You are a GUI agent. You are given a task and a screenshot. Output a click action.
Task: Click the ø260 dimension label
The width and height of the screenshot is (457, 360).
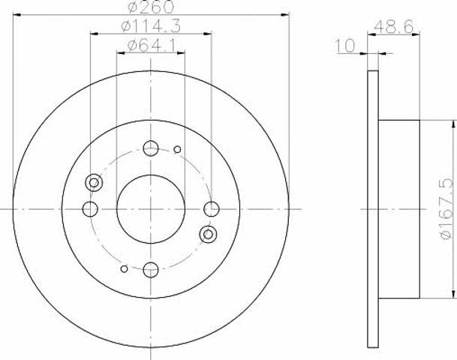[x=151, y=7]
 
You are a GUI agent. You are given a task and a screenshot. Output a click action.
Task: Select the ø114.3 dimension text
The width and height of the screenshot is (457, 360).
[x=151, y=26]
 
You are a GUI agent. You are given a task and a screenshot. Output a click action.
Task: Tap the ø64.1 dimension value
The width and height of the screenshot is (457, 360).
[x=152, y=46]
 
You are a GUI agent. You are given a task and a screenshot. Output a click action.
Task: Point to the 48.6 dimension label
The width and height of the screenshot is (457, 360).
[x=393, y=27]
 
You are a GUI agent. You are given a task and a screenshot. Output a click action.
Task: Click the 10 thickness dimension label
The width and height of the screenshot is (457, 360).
[x=345, y=46]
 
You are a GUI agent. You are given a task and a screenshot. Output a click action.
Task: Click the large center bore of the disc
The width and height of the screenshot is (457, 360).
[x=151, y=209]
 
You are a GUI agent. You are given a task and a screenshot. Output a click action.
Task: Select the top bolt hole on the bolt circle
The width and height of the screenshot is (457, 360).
[x=151, y=148]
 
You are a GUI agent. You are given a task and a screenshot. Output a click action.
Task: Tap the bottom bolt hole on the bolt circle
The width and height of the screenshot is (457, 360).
[x=151, y=270]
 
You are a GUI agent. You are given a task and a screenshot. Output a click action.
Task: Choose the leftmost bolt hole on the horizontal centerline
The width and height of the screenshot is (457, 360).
[x=90, y=208]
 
